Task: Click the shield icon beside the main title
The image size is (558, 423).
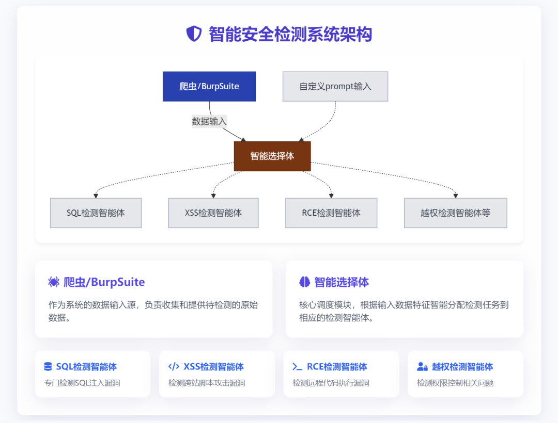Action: [x=194, y=34]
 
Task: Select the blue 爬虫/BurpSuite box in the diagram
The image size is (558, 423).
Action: [x=209, y=86]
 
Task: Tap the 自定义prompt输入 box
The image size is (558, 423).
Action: [x=335, y=86]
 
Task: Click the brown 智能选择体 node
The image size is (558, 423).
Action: [x=272, y=156]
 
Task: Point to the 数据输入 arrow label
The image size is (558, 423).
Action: [x=209, y=121]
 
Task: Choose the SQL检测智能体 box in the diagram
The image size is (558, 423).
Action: [x=96, y=213]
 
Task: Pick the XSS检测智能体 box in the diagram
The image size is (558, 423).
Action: [x=213, y=213]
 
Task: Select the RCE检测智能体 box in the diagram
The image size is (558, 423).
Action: [x=331, y=213]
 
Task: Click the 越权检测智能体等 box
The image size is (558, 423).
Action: [x=455, y=213]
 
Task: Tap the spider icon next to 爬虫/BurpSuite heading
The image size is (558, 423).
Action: [x=54, y=282]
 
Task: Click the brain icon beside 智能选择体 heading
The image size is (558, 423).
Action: [x=304, y=282]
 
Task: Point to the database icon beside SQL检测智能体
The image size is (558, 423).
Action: [x=48, y=367]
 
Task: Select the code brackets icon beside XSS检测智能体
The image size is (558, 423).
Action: [x=174, y=367]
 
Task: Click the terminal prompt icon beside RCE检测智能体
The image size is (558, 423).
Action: [x=297, y=367]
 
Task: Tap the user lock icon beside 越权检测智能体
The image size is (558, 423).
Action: [x=422, y=367]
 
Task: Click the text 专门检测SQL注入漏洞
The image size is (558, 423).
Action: [x=82, y=383]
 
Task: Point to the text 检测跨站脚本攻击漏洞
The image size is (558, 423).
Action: [x=207, y=383]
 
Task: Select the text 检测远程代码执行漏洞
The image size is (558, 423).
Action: [x=331, y=383]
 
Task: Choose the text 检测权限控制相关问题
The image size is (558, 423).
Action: [x=455, y=383]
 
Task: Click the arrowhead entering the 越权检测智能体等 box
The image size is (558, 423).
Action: [x=455, y=196]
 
